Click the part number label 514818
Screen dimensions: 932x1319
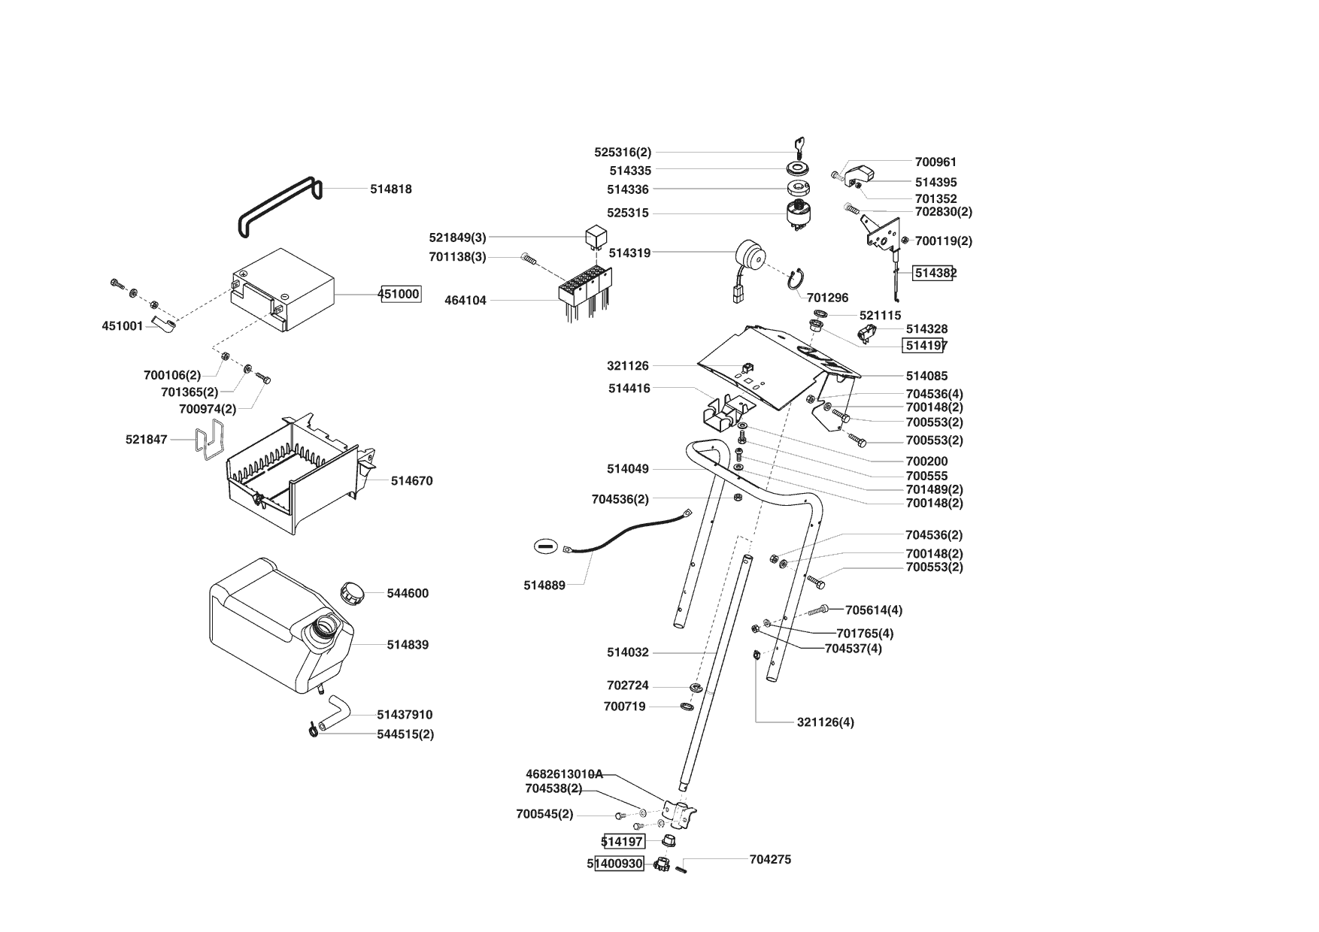tap(390, 189)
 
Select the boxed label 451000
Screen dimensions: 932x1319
tap(399, 294)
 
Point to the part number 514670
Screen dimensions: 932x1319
tap(411, 481)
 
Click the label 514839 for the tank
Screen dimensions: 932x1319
tap(408, 645)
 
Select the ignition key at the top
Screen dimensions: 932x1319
tap(799, 145)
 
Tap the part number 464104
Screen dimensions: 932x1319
tap(465, 301)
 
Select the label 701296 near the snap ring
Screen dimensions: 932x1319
tap(827, 298)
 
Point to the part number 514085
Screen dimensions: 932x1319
tap(926, 376)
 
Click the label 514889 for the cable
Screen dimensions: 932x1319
tap(544, 586)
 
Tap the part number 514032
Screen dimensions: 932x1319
tap(628, 653)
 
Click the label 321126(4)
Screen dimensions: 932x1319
tap(825, 722)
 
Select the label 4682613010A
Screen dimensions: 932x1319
tap(564, 774)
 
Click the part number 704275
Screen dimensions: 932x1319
tap(770, 860)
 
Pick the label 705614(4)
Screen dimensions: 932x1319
tap(874, 610)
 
